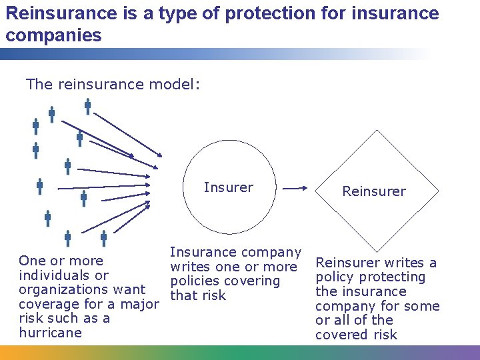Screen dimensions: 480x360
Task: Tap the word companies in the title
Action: click(x=53, y=35)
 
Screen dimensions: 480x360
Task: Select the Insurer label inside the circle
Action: click(x=228, y=187)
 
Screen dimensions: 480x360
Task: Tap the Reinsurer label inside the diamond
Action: click(x=373, y=191)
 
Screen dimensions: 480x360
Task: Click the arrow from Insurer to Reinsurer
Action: click(x=294, y=189)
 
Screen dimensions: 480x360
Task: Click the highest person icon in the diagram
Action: click(x=87, y=106)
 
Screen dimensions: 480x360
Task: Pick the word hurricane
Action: click(x=51, y=333)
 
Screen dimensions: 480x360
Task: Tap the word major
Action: click(x=139, y=304)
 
